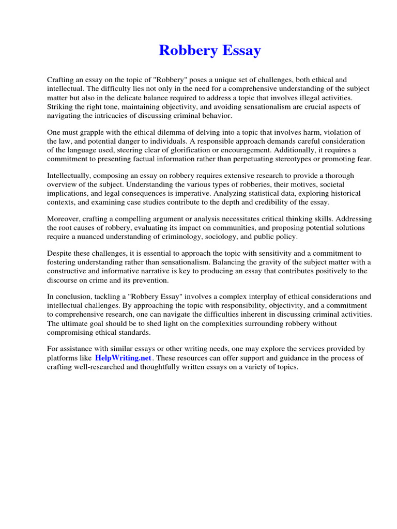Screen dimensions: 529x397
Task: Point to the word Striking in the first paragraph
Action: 60,106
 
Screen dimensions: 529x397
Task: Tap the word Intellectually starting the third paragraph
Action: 71,176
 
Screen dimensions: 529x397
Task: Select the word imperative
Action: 196,193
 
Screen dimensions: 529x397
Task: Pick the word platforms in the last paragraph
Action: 62,358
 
